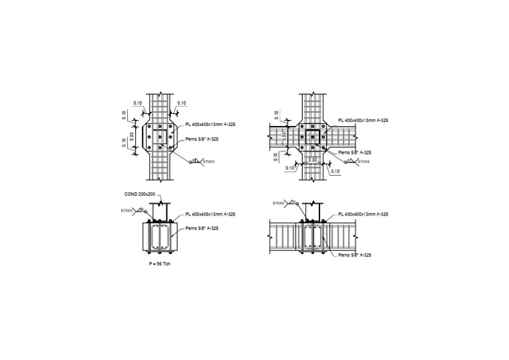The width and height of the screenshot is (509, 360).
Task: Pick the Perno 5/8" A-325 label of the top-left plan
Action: (201, 139)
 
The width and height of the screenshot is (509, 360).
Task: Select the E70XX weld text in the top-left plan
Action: (209, 161)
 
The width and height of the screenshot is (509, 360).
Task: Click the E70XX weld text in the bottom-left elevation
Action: (127, 210)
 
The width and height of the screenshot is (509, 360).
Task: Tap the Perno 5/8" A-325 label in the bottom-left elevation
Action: (203, 228)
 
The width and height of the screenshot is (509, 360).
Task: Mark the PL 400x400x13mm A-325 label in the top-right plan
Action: (363, 120)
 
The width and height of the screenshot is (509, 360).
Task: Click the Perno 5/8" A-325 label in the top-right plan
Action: (353, 152)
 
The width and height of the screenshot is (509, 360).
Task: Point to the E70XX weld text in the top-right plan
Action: (364, 161)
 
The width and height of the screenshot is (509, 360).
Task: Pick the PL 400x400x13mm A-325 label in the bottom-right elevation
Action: (363, 214)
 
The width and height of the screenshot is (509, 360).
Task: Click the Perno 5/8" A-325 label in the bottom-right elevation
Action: (354, 255)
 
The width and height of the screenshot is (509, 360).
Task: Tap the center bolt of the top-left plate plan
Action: (159, 137)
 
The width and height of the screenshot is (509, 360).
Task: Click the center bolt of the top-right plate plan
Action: (311, 137)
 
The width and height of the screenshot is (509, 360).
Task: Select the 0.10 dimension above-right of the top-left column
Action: (182, 103)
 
